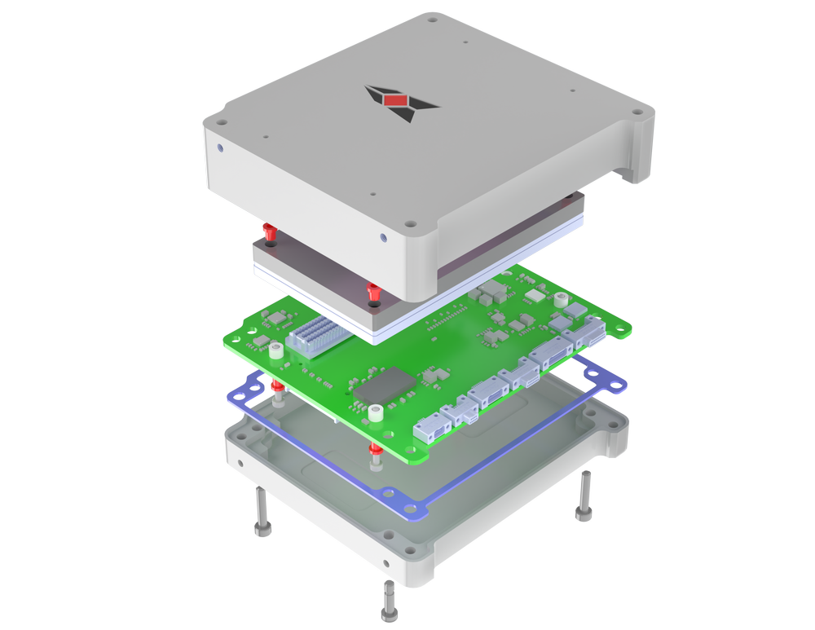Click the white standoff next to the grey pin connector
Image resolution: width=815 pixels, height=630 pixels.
point(276,351)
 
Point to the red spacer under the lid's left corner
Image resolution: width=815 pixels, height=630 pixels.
point(268,231)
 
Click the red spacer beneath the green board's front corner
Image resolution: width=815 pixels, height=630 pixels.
point(374,453)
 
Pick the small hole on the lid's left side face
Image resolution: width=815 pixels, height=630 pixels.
point(221,148)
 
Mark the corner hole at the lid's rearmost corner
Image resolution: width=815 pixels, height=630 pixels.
point(432,17)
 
